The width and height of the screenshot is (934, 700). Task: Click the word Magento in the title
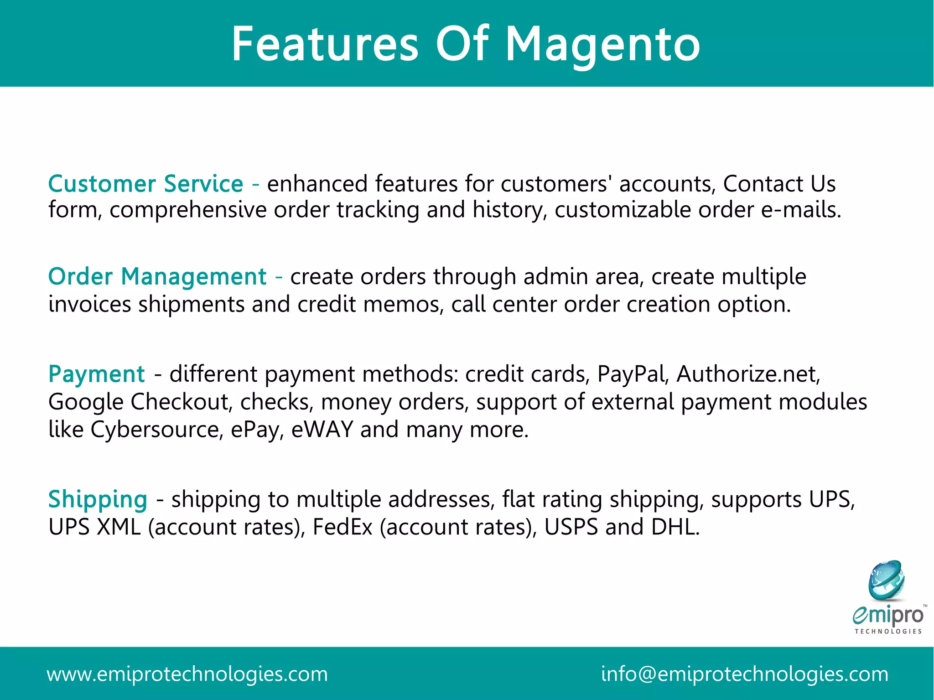603,45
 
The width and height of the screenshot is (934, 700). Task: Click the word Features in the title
325,45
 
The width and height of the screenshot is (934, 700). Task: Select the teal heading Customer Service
145,184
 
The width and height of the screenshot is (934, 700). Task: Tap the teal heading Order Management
157,277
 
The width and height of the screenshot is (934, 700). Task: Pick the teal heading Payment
96,374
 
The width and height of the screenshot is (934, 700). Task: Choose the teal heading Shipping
98,499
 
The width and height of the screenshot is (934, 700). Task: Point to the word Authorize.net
748,374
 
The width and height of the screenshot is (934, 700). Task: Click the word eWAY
322,430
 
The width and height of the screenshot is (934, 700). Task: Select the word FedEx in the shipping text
342,527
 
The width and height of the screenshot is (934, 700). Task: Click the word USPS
571,527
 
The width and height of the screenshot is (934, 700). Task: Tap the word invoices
89,304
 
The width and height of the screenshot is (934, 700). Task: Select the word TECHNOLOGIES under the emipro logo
888,632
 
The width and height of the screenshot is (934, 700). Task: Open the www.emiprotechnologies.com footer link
187,674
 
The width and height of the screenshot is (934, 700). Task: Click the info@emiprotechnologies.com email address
744,674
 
